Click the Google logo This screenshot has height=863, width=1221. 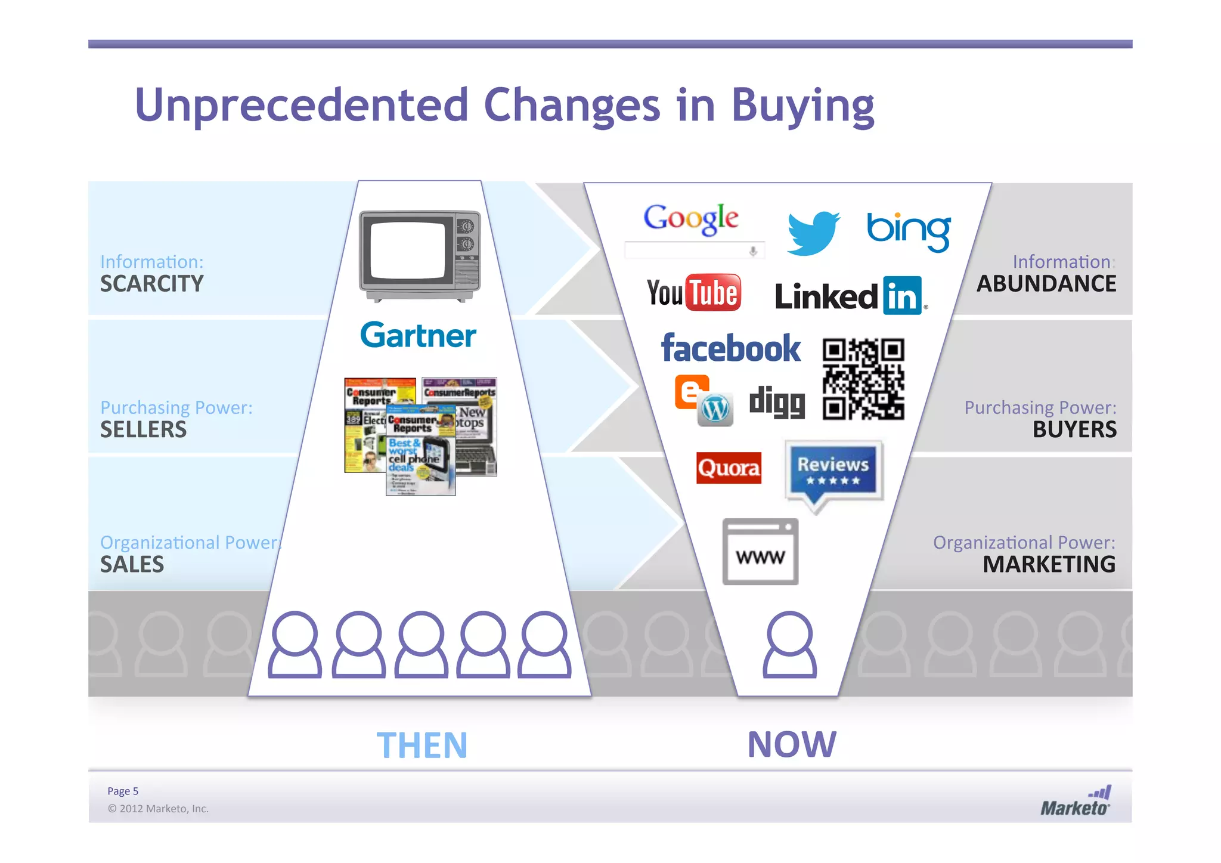691,218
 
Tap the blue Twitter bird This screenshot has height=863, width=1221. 813,233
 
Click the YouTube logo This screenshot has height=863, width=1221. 694,293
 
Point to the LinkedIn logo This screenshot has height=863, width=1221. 850,296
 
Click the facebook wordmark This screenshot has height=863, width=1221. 731,348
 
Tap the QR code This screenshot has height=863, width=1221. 863,379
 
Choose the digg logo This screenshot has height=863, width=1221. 777,402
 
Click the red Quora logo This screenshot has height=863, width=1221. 729,468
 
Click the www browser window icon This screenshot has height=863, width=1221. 760,552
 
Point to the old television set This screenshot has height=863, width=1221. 420,256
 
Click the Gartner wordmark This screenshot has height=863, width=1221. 418,335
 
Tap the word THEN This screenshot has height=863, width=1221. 422,745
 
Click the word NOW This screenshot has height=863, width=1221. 792,744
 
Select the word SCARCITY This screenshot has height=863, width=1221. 152,284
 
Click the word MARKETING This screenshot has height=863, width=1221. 1049,564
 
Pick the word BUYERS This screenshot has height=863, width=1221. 1074,429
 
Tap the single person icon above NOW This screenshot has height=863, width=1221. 789,645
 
